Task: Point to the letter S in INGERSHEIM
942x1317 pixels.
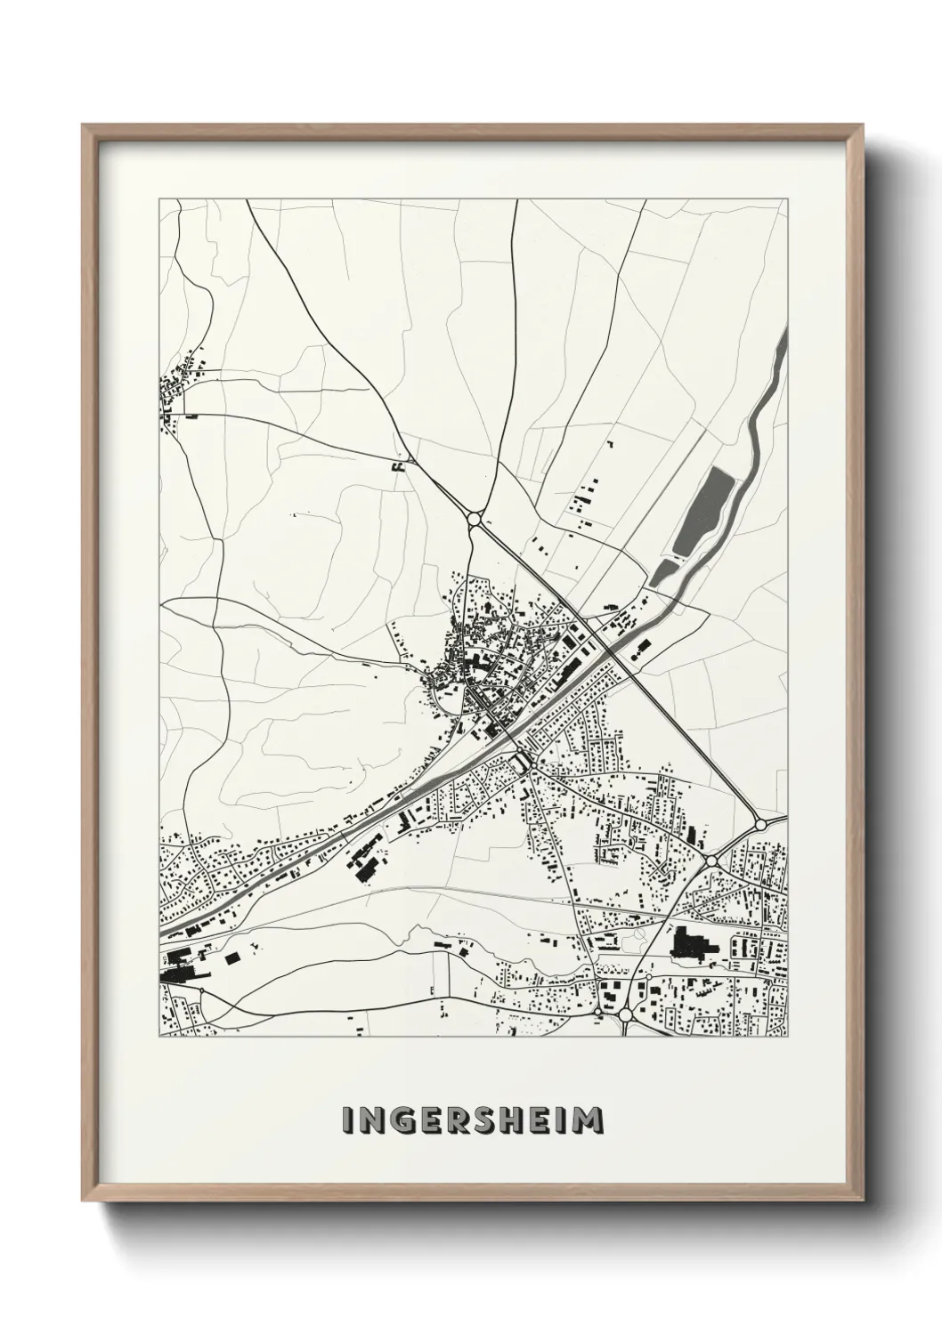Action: coord(486,1121)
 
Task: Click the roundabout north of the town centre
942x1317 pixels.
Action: coord(473,519)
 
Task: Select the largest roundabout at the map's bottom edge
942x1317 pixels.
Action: coord(625,1014)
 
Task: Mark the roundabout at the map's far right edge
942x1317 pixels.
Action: coord(760,824)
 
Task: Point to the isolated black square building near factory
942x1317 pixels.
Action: coord(233,958)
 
